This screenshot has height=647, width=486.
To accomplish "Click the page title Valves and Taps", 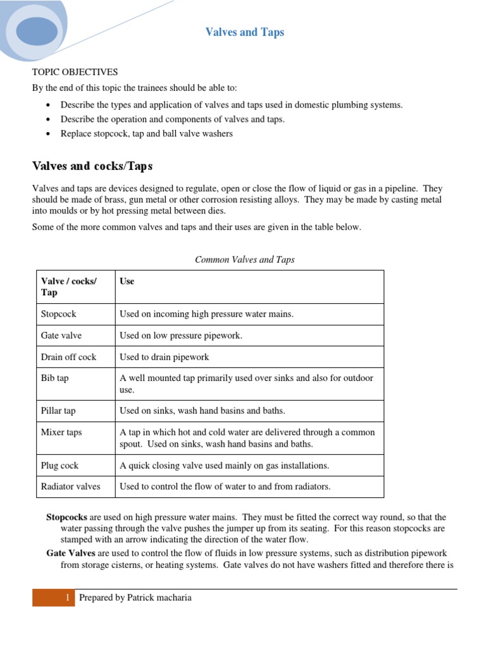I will coord(244,32).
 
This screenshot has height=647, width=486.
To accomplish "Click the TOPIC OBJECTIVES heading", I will coord(75,72).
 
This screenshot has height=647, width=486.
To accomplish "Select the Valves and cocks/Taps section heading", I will coord(92,166).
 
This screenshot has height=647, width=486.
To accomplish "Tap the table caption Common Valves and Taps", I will coord(244,259).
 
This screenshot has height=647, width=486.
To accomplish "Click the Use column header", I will coord(127,281).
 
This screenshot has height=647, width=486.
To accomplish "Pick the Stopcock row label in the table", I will coord(58,314).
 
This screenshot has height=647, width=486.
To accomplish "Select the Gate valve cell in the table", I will coord(61,336).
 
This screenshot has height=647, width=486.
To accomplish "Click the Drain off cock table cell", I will coord(68,357).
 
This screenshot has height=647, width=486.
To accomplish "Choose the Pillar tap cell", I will coord(58,411).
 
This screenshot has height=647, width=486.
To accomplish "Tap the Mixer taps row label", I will coord(61,432).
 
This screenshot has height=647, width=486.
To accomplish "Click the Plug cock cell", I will coord(60,465).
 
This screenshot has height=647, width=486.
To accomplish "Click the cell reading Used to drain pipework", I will coord(164,357).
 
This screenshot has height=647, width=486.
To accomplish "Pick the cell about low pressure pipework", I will coord(181,336).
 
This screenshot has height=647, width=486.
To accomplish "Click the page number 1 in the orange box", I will coord(66,598).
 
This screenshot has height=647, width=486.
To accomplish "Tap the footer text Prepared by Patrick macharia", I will coord(135,598).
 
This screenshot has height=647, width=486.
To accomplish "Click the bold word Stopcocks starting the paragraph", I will coord(66,517).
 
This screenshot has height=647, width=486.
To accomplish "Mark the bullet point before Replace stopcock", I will coord(49,134).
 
